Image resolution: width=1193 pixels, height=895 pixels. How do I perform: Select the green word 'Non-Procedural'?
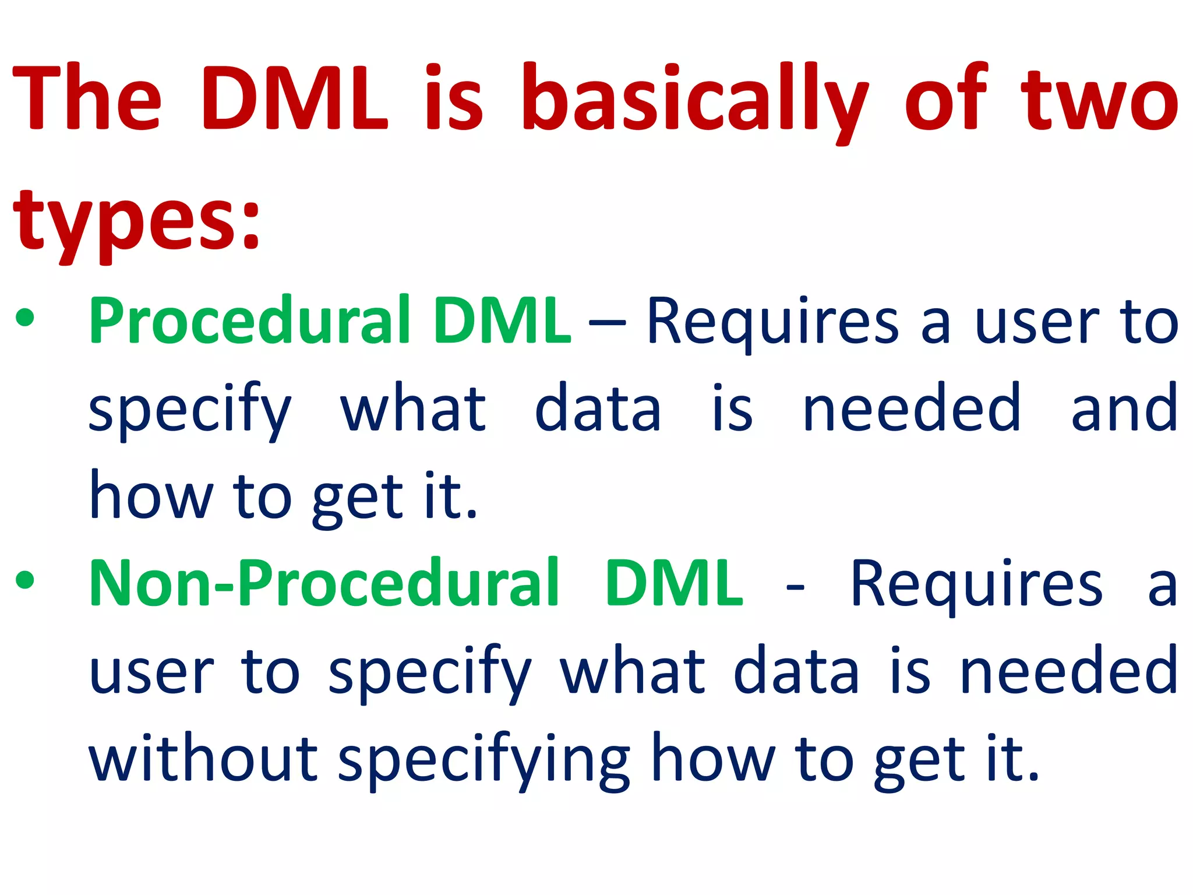323,583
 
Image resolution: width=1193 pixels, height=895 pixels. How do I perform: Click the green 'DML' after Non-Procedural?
674,583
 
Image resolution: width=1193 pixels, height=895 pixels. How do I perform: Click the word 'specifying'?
483,760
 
